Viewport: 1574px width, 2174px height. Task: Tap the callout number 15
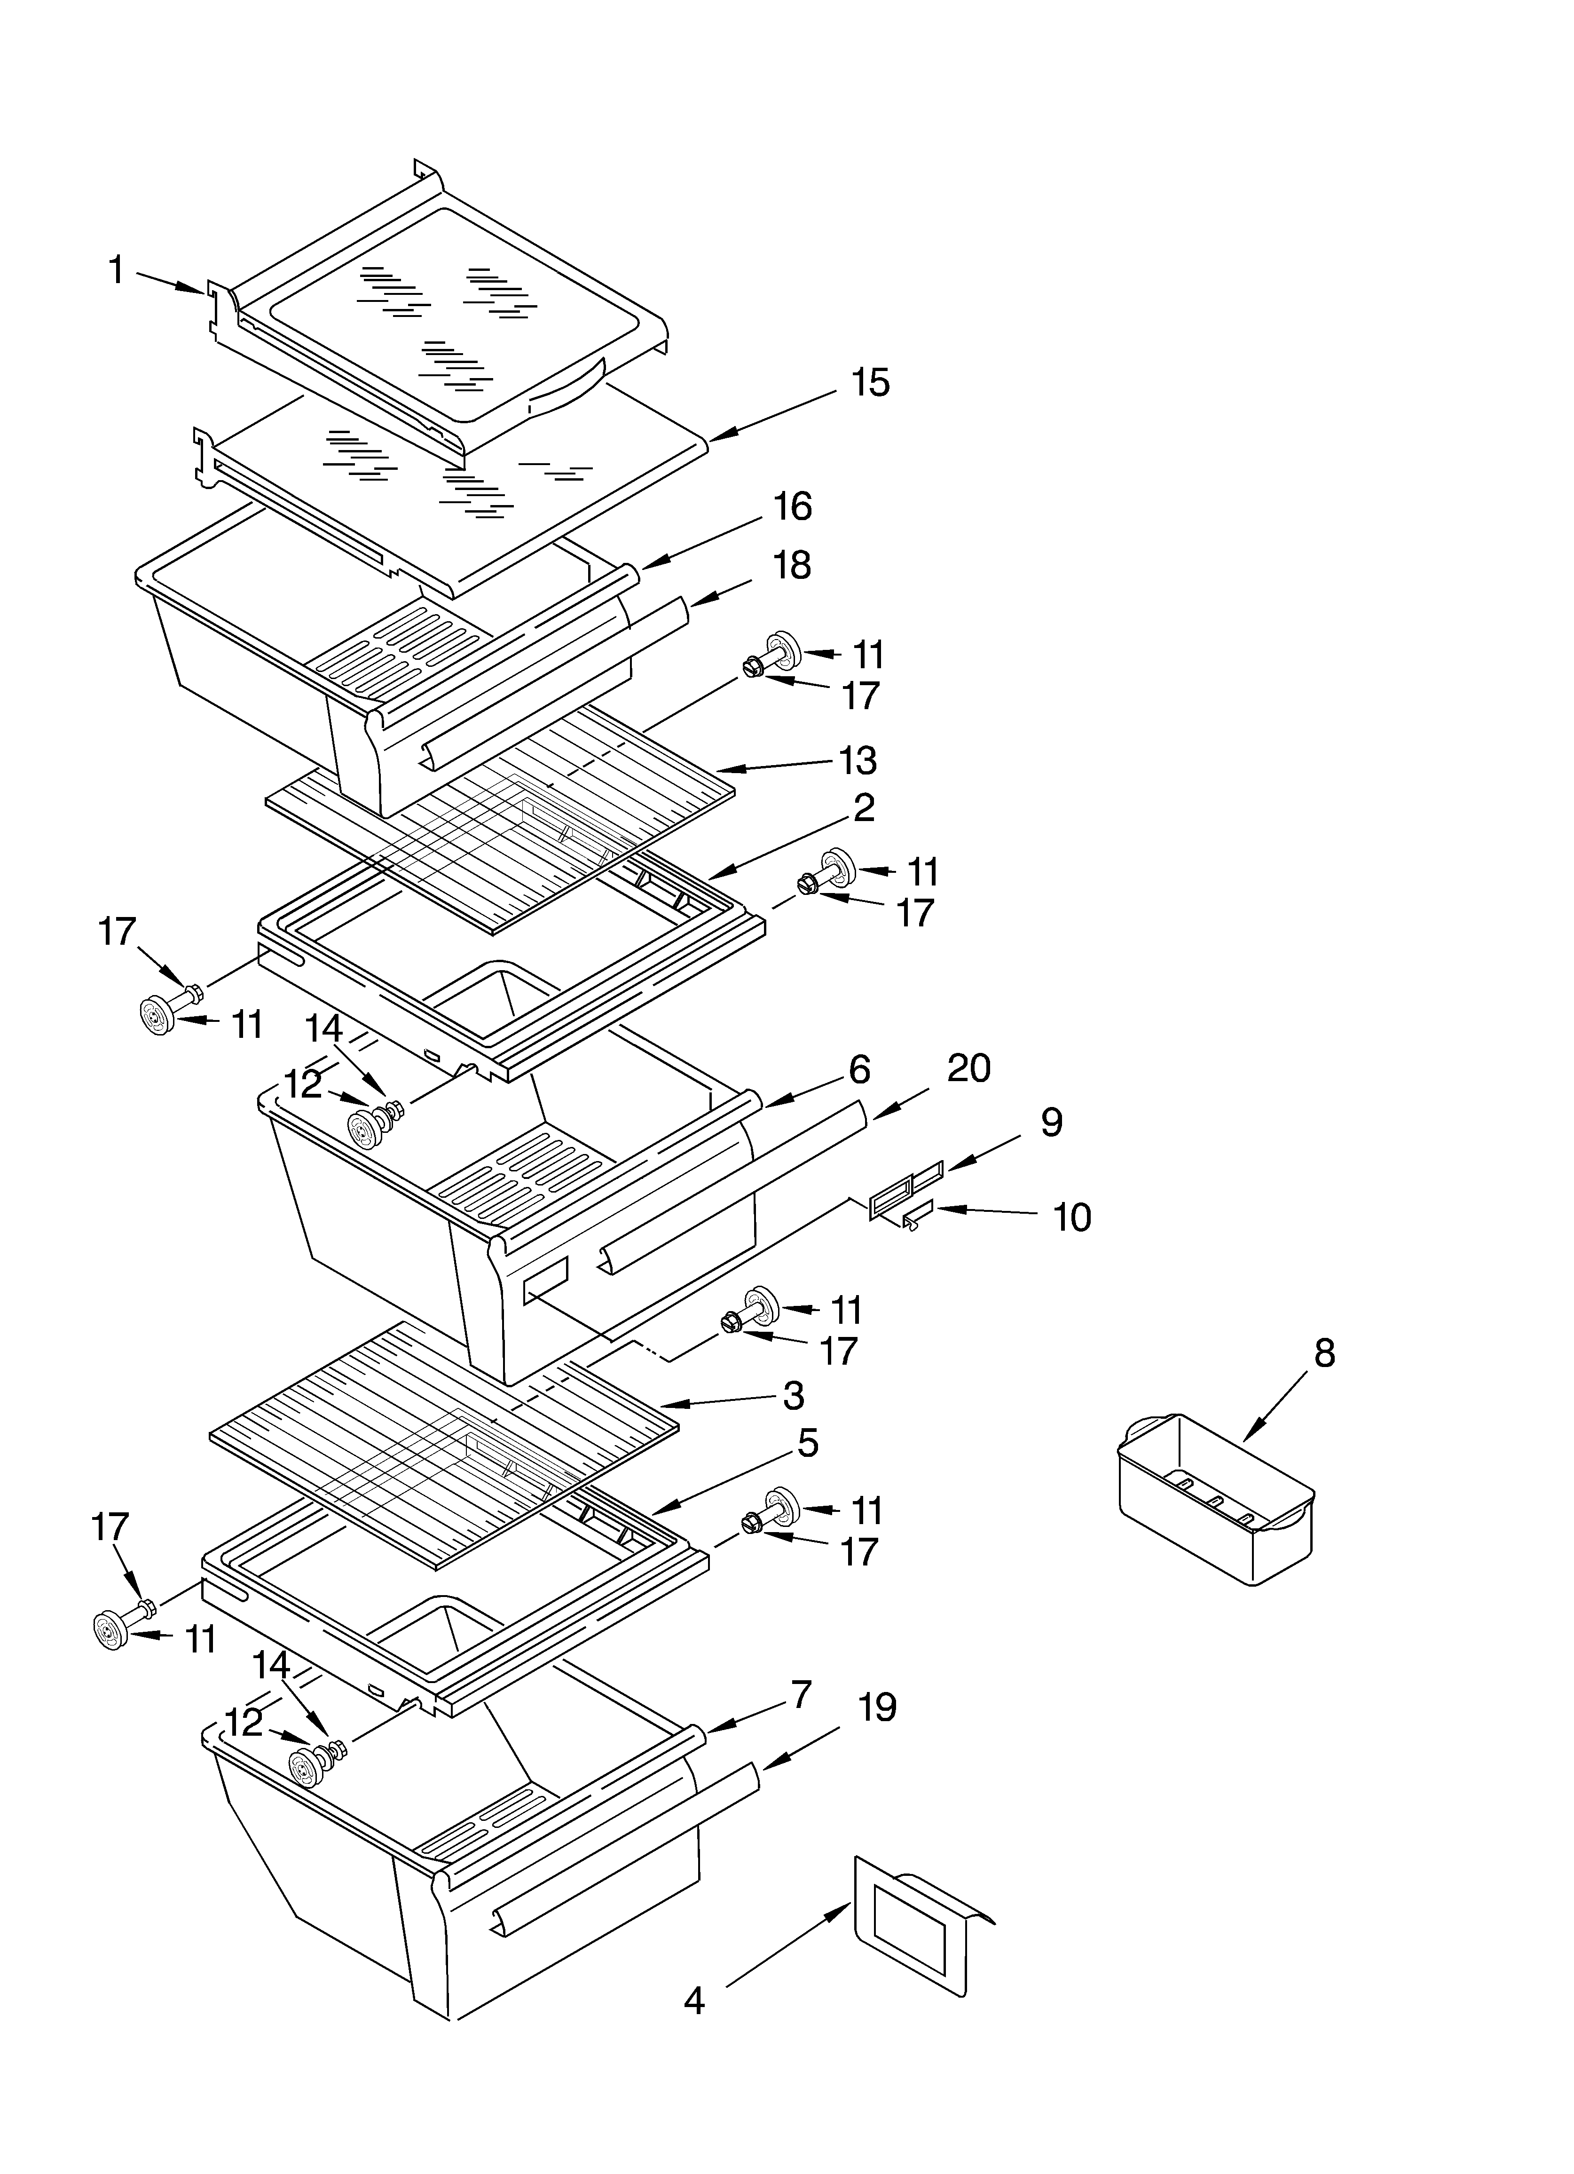869,382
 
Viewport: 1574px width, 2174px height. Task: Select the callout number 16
792,506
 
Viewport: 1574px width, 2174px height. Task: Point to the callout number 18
792,566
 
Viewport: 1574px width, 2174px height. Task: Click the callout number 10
1072,1217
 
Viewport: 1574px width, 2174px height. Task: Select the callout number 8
1323,1353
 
